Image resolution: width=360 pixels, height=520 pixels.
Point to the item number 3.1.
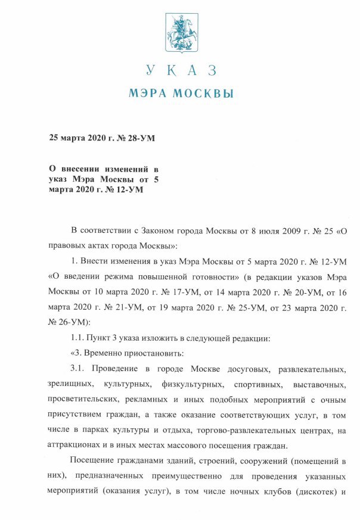tap(79, 369)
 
